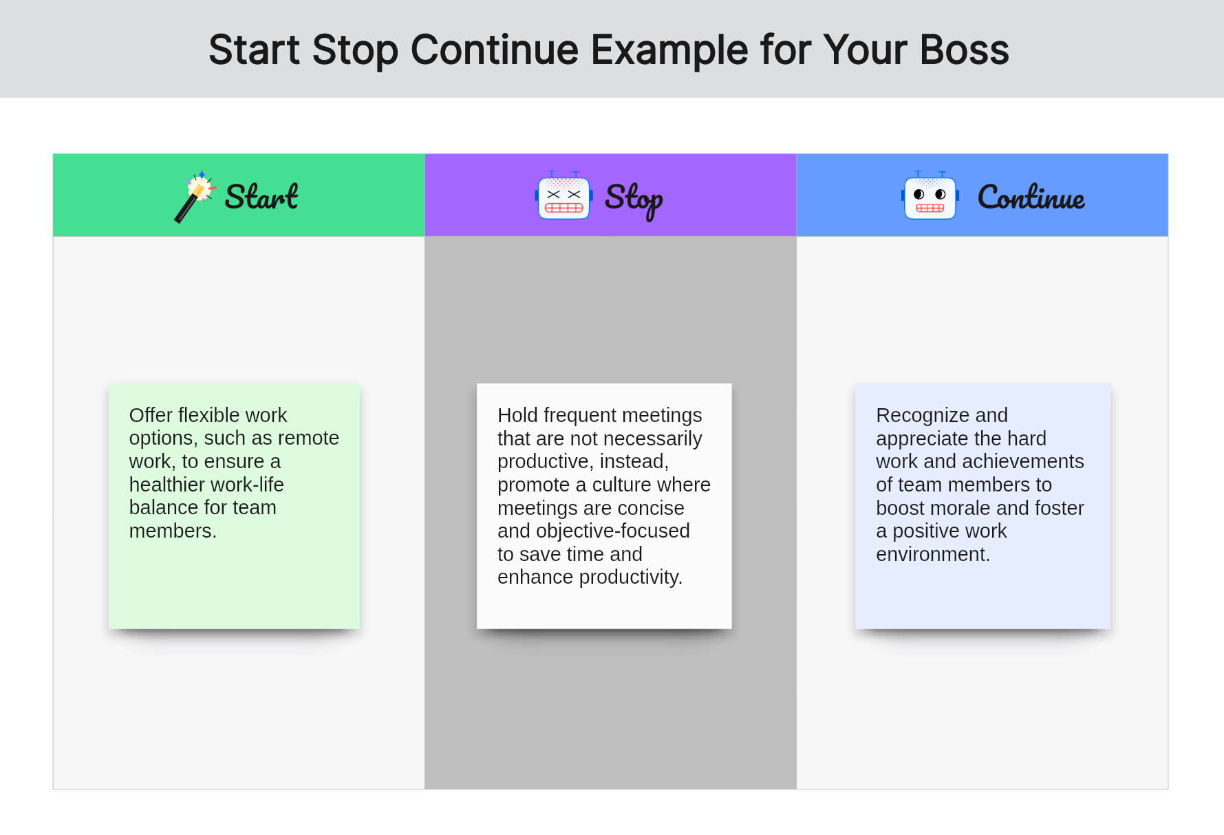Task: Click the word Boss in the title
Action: [x=964, y=50]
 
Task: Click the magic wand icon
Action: [x=195, y=197]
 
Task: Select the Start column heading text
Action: [x=261, y=197]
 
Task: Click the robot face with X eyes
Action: [x=563, y=196]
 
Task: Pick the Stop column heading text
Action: [x=634, y=200]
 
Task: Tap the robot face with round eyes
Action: [x=930, y=196]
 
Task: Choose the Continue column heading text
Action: [x=1031, y=198]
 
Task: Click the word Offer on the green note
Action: [x=151, y=415]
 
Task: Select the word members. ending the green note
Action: [x=173, y=531]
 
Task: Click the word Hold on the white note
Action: [x=518, y=415]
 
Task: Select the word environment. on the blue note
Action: [x=933, y=554]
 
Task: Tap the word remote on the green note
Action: [x=309, y=438]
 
